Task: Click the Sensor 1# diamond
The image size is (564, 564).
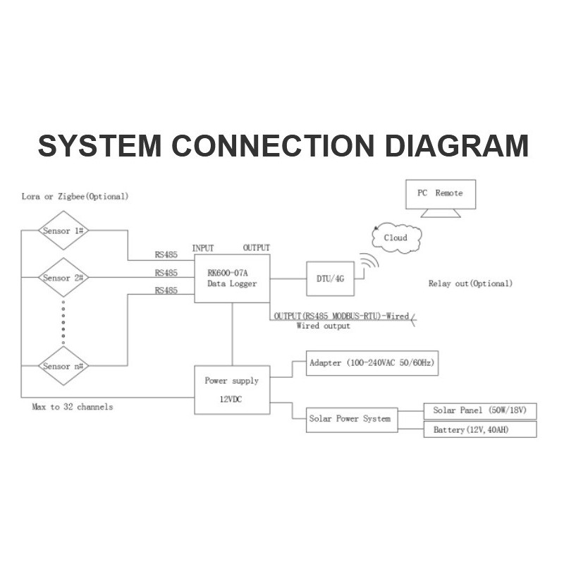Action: [x=63, y=231]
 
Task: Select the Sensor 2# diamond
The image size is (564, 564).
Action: [x=63, y=278]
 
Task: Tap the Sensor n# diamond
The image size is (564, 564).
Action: [x=63, y=366]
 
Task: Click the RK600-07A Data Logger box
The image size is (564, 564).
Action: [x=232, y=278]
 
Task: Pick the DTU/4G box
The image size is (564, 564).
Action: [x=335, y=278]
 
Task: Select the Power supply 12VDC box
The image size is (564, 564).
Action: [x=232, y=390]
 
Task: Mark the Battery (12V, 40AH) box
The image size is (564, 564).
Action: [x=479, y=429]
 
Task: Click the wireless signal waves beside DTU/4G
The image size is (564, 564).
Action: [x=369, y=264]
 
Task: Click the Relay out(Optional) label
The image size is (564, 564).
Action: [x=470, y=283]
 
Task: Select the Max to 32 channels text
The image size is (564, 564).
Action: [x=72, y=407]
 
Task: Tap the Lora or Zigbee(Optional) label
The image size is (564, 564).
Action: [x=75, y=195]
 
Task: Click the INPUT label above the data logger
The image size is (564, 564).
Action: [x=203, y=248]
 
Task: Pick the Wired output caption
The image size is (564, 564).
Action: [x=323, y=326]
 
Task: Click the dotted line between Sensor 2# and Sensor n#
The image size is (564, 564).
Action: [x=63, y=321]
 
